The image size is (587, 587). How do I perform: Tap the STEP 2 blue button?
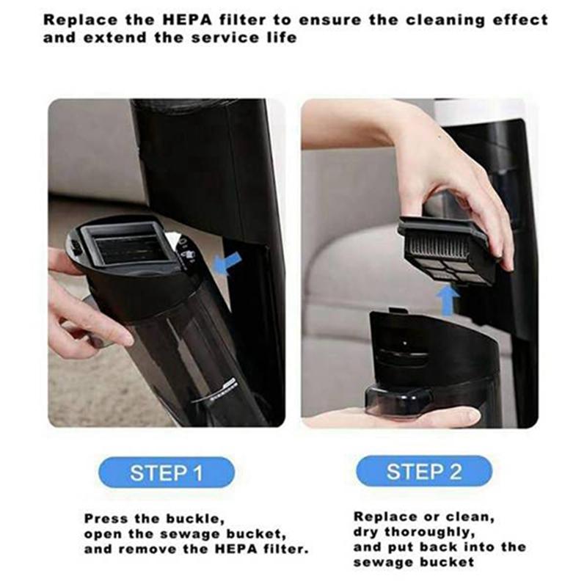pyautogui.click(x=423, y=471)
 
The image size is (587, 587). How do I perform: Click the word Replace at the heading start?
pyautogui.click(x=74, y=20)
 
